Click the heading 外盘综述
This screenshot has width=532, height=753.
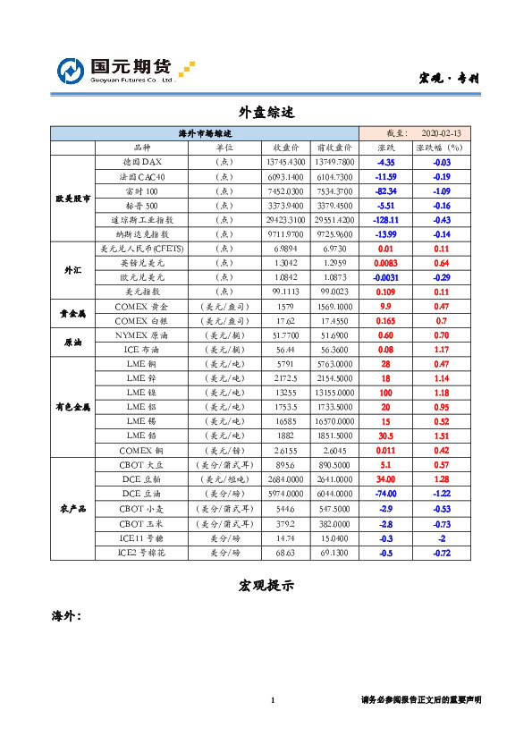point(266,112)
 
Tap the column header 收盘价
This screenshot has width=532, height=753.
point(285,147)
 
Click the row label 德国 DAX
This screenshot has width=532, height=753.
point(142,162)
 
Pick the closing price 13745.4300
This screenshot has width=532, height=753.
point(285,162)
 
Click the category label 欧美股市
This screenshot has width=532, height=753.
point(72,198)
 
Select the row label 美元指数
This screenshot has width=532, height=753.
point(142,292)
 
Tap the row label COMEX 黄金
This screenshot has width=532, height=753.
point(142,306)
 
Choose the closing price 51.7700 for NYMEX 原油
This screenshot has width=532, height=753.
point(285,334)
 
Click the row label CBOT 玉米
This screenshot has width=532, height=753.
point(142,524)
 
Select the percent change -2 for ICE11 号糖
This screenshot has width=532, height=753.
point(441,538)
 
